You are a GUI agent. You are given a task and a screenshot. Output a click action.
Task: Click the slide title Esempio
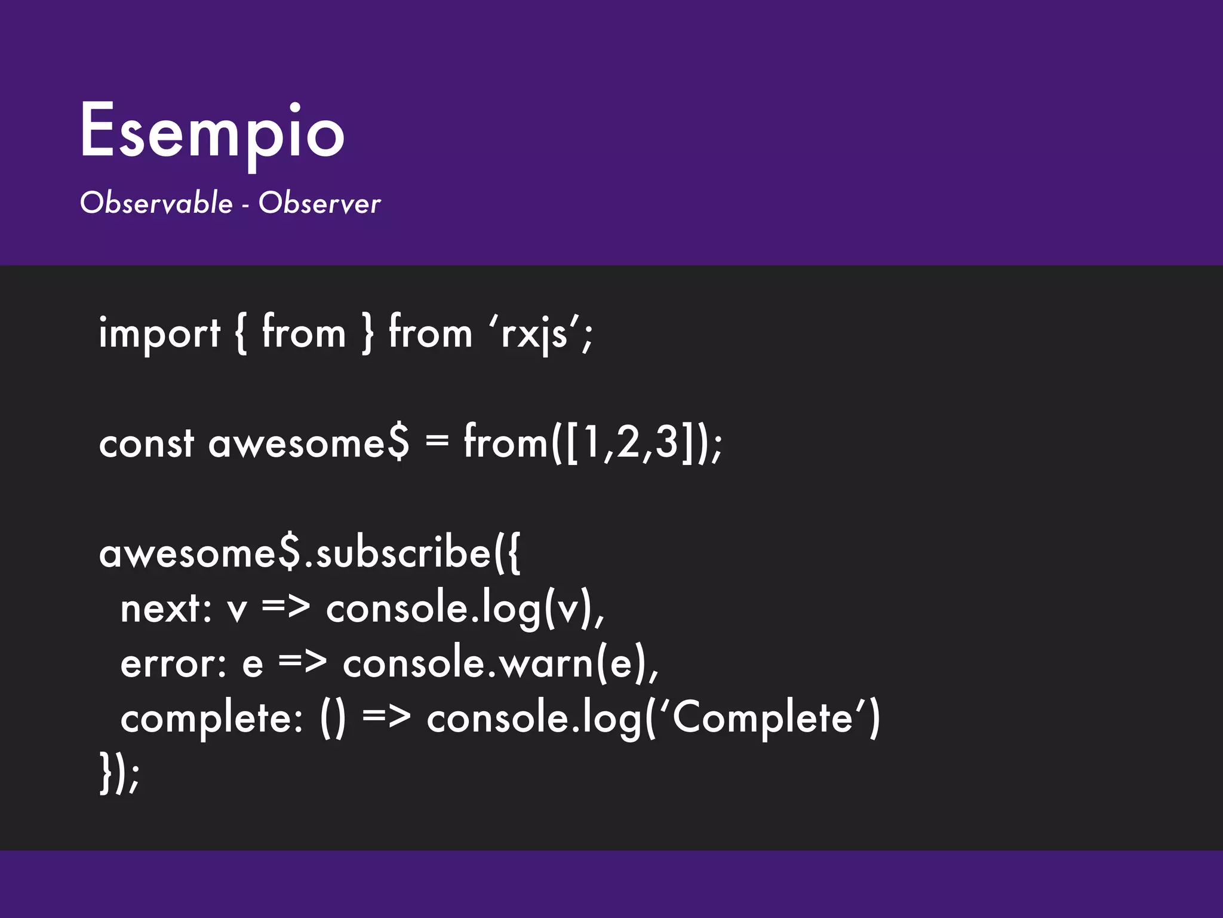212,131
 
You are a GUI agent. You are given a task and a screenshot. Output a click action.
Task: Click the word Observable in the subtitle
156,203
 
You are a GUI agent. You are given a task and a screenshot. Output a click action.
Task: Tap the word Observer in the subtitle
319,203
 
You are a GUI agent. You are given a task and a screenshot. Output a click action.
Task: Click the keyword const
146,444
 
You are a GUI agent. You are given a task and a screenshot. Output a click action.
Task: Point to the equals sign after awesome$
437,442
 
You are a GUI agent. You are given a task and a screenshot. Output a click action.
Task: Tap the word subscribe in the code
403,554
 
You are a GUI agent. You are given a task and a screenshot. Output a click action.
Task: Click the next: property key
166,610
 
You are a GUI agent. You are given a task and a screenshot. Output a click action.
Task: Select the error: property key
173,664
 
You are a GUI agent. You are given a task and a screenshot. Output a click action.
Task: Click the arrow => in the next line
286,608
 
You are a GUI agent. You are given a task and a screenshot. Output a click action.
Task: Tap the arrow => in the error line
303,663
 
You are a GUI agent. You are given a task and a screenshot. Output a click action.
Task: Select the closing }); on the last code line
119,773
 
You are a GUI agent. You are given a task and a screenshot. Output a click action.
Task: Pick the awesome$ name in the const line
309,444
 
